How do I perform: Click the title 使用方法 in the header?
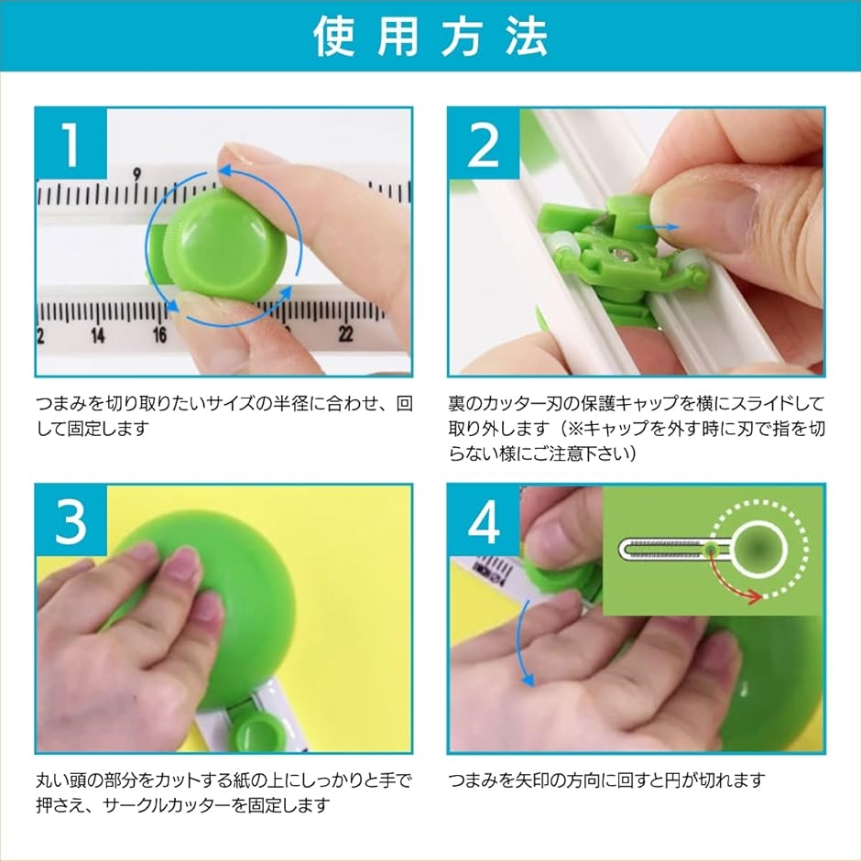[430, 37]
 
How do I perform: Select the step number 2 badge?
[484, 144]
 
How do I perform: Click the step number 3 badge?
[71, 520]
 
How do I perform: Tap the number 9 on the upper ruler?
[136, 173]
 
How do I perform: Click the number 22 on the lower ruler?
[346, 333]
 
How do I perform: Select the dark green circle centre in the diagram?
[757, 549]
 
